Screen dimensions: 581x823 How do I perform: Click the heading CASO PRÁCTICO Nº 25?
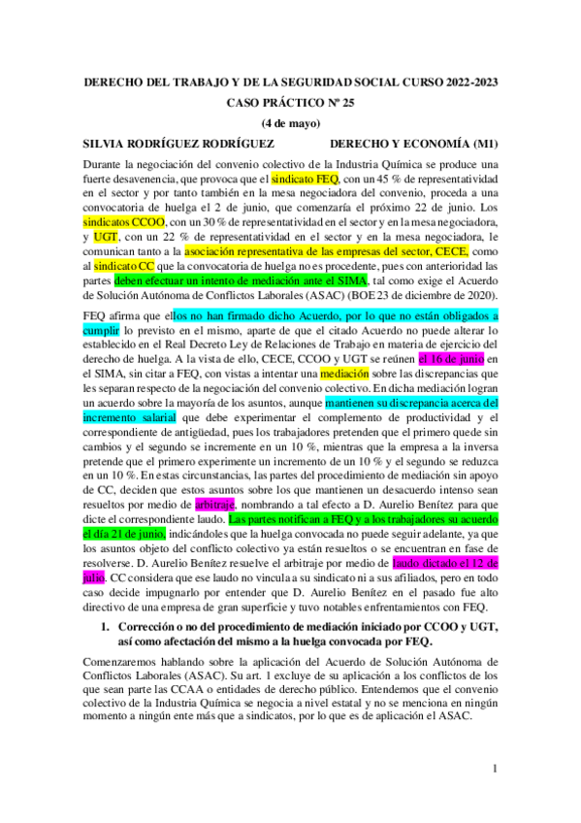tap(290, 102)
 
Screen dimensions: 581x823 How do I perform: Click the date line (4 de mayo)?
tap(290, 122)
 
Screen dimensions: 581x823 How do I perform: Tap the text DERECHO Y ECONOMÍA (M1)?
tap(414, 143)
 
